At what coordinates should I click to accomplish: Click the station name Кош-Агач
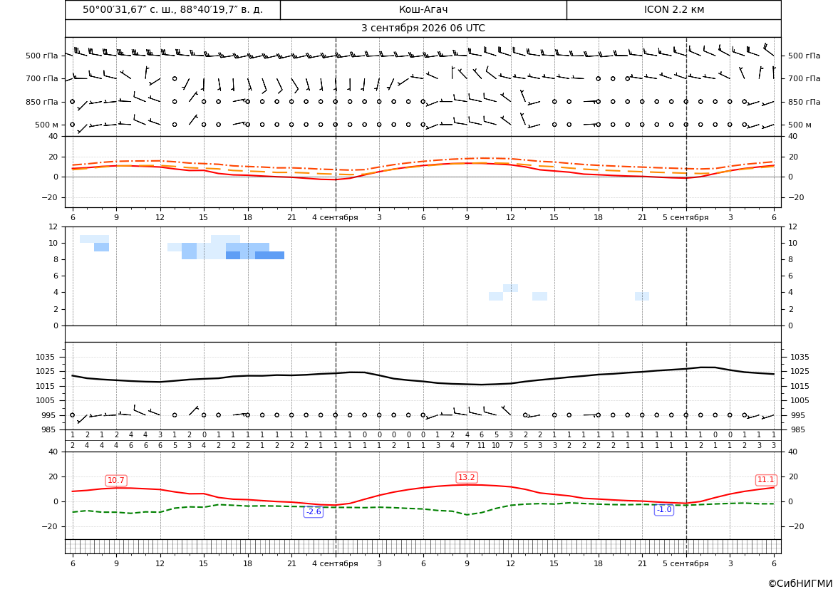(x=423, y=9)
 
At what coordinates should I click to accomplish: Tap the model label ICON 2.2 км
(x=673, y=9)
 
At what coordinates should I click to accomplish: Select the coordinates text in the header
(x=172, y=9)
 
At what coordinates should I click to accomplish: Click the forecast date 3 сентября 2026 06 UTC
(x=423, y=28)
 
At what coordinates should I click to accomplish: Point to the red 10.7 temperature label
(x=116, y=480)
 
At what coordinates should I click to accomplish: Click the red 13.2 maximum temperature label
(x=467, y=477)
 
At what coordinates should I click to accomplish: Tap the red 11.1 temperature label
(x=765, y=479)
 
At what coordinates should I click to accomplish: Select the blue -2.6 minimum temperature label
(x=314, y=511)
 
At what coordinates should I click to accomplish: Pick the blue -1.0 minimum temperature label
(x=664, y=509)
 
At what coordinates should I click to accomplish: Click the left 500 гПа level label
(x=42, y=56)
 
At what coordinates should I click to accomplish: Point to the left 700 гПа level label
(x=42, y=78)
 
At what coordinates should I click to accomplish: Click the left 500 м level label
(x=47, y=125)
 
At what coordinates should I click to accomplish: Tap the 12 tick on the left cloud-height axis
(x=53, y=226)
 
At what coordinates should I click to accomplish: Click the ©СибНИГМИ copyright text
(x=800, y=583)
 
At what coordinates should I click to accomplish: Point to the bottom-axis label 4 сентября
(x=335, y=563)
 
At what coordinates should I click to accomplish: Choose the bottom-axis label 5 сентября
(x=685, y=563)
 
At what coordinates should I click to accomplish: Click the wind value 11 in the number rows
(x=481, y=446)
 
